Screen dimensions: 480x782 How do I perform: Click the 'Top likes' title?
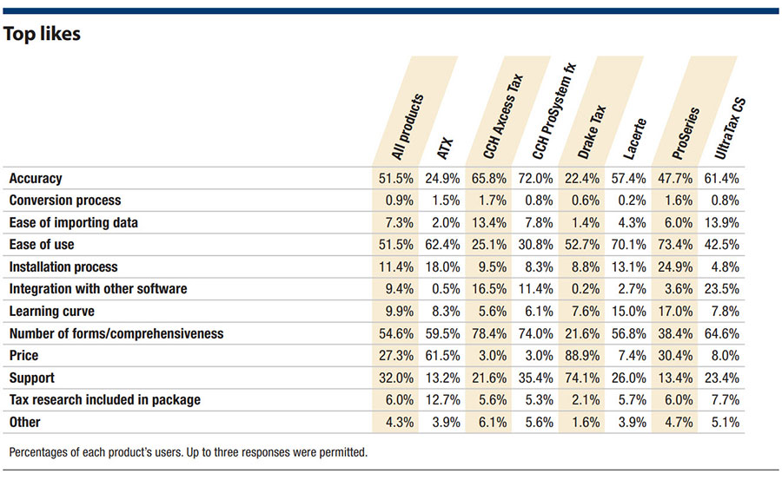click(x=43, y=34)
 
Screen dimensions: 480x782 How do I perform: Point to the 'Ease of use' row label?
click(x=40, y=245)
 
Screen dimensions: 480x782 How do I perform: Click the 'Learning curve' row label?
click(x=51, y=312)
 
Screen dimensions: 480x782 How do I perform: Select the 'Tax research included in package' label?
click(x=104, y=400)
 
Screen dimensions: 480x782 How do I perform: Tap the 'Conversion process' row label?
click(x=64, y=201)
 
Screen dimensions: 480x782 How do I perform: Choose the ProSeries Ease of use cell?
click(x=686, y=245)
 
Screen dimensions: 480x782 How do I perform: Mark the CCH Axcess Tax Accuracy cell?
click(x=490, y=178)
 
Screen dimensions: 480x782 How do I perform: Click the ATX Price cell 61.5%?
click(x=442, y=356)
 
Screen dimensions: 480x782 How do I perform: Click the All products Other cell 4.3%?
click(x=394, y=423)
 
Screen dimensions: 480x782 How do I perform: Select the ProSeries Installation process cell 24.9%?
click(x=686, y=267)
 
